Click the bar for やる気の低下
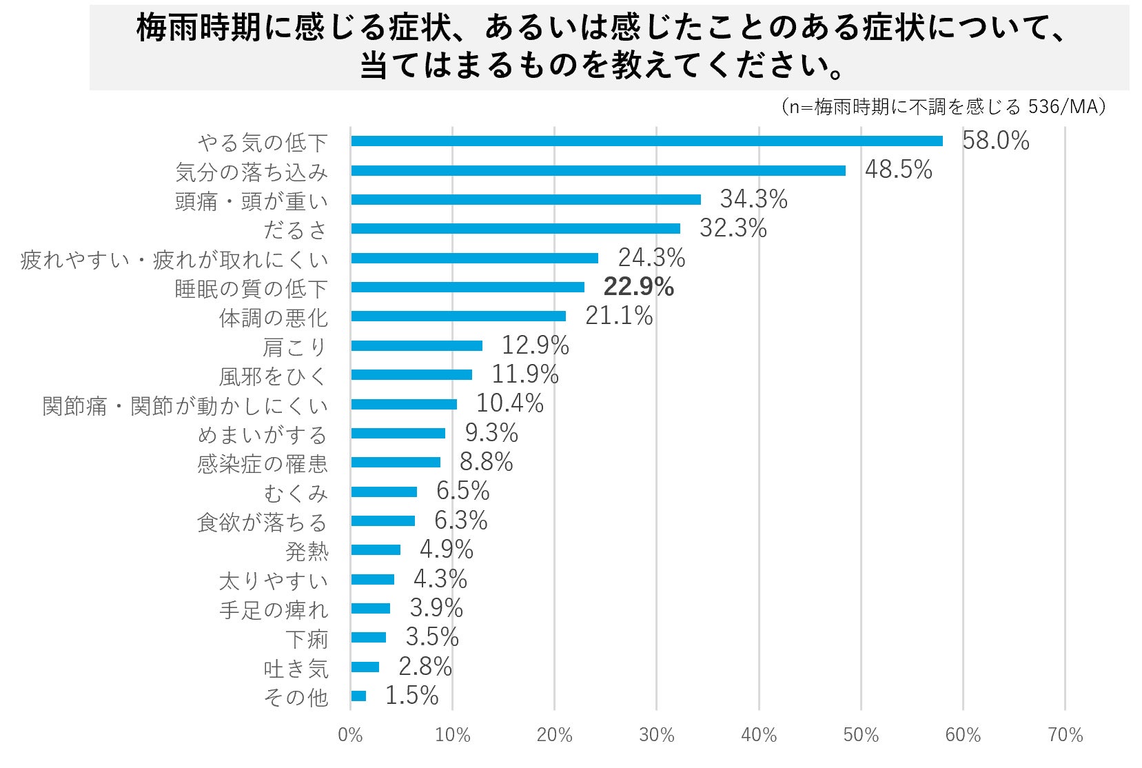(x=646, y=141)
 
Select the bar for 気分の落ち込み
(x=598, y=170)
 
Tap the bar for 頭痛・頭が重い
(x=525, y=200)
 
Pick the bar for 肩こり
(x=416, y=345)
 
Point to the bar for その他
(x=358, y=696)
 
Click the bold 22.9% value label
(x=638, y=287)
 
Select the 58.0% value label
(x=995, y=141)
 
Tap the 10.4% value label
(x=509, y=403)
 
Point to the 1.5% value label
(x=411, y=696)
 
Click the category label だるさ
(x=295, y=230)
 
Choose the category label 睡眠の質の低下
(x=251, y=288)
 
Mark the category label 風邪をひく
(x=273, y=376)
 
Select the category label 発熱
(x=307, y=552)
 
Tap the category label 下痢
(x=307, y=639)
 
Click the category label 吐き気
(x=296, y=668)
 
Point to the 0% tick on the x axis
(x=350, y=736)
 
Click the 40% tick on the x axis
(x=759, y=736)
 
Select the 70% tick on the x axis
(x=1065, y=736)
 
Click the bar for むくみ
(x=384, y=492)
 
